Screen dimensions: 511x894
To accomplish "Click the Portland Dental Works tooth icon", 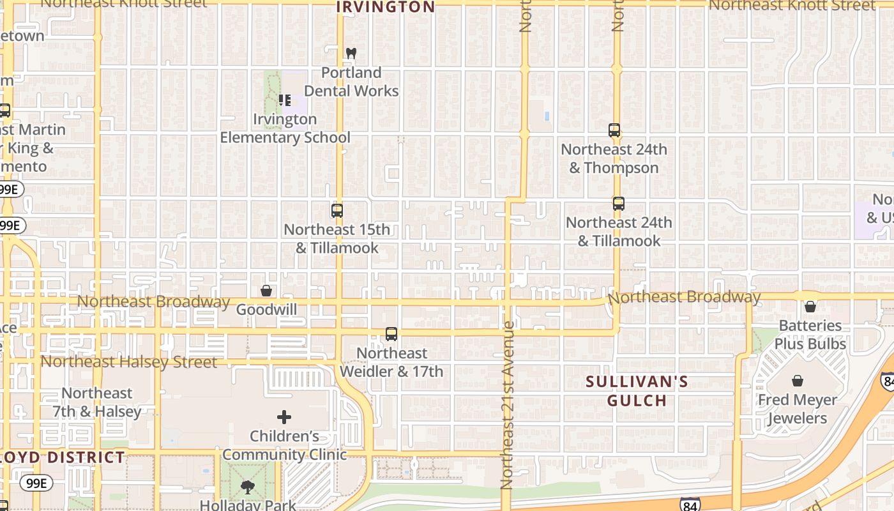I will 350,53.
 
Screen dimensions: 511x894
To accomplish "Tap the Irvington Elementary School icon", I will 285,100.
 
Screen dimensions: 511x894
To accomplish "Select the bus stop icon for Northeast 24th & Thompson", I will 614,130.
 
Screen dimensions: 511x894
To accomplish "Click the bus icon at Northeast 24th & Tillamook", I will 618,204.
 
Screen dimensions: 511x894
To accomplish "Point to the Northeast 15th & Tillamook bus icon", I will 337,210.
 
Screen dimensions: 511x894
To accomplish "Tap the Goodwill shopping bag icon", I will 266,291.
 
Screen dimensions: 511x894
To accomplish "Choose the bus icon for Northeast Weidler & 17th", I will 391,334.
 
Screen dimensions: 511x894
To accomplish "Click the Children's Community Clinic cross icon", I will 284,418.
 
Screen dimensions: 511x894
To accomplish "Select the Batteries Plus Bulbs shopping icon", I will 810,307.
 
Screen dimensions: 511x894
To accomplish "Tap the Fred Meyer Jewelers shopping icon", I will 798,381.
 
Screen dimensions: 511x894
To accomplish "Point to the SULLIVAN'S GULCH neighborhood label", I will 637,392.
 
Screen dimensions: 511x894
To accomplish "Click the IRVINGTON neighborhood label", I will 385,7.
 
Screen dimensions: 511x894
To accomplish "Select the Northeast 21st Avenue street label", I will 508,405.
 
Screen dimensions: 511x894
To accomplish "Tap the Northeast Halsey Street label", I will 128,362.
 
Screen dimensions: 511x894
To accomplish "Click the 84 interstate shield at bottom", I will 690,505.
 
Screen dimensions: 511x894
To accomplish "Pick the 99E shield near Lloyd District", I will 36,483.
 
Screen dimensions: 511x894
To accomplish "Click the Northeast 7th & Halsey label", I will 97,402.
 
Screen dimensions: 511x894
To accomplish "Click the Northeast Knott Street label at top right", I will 792,5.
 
